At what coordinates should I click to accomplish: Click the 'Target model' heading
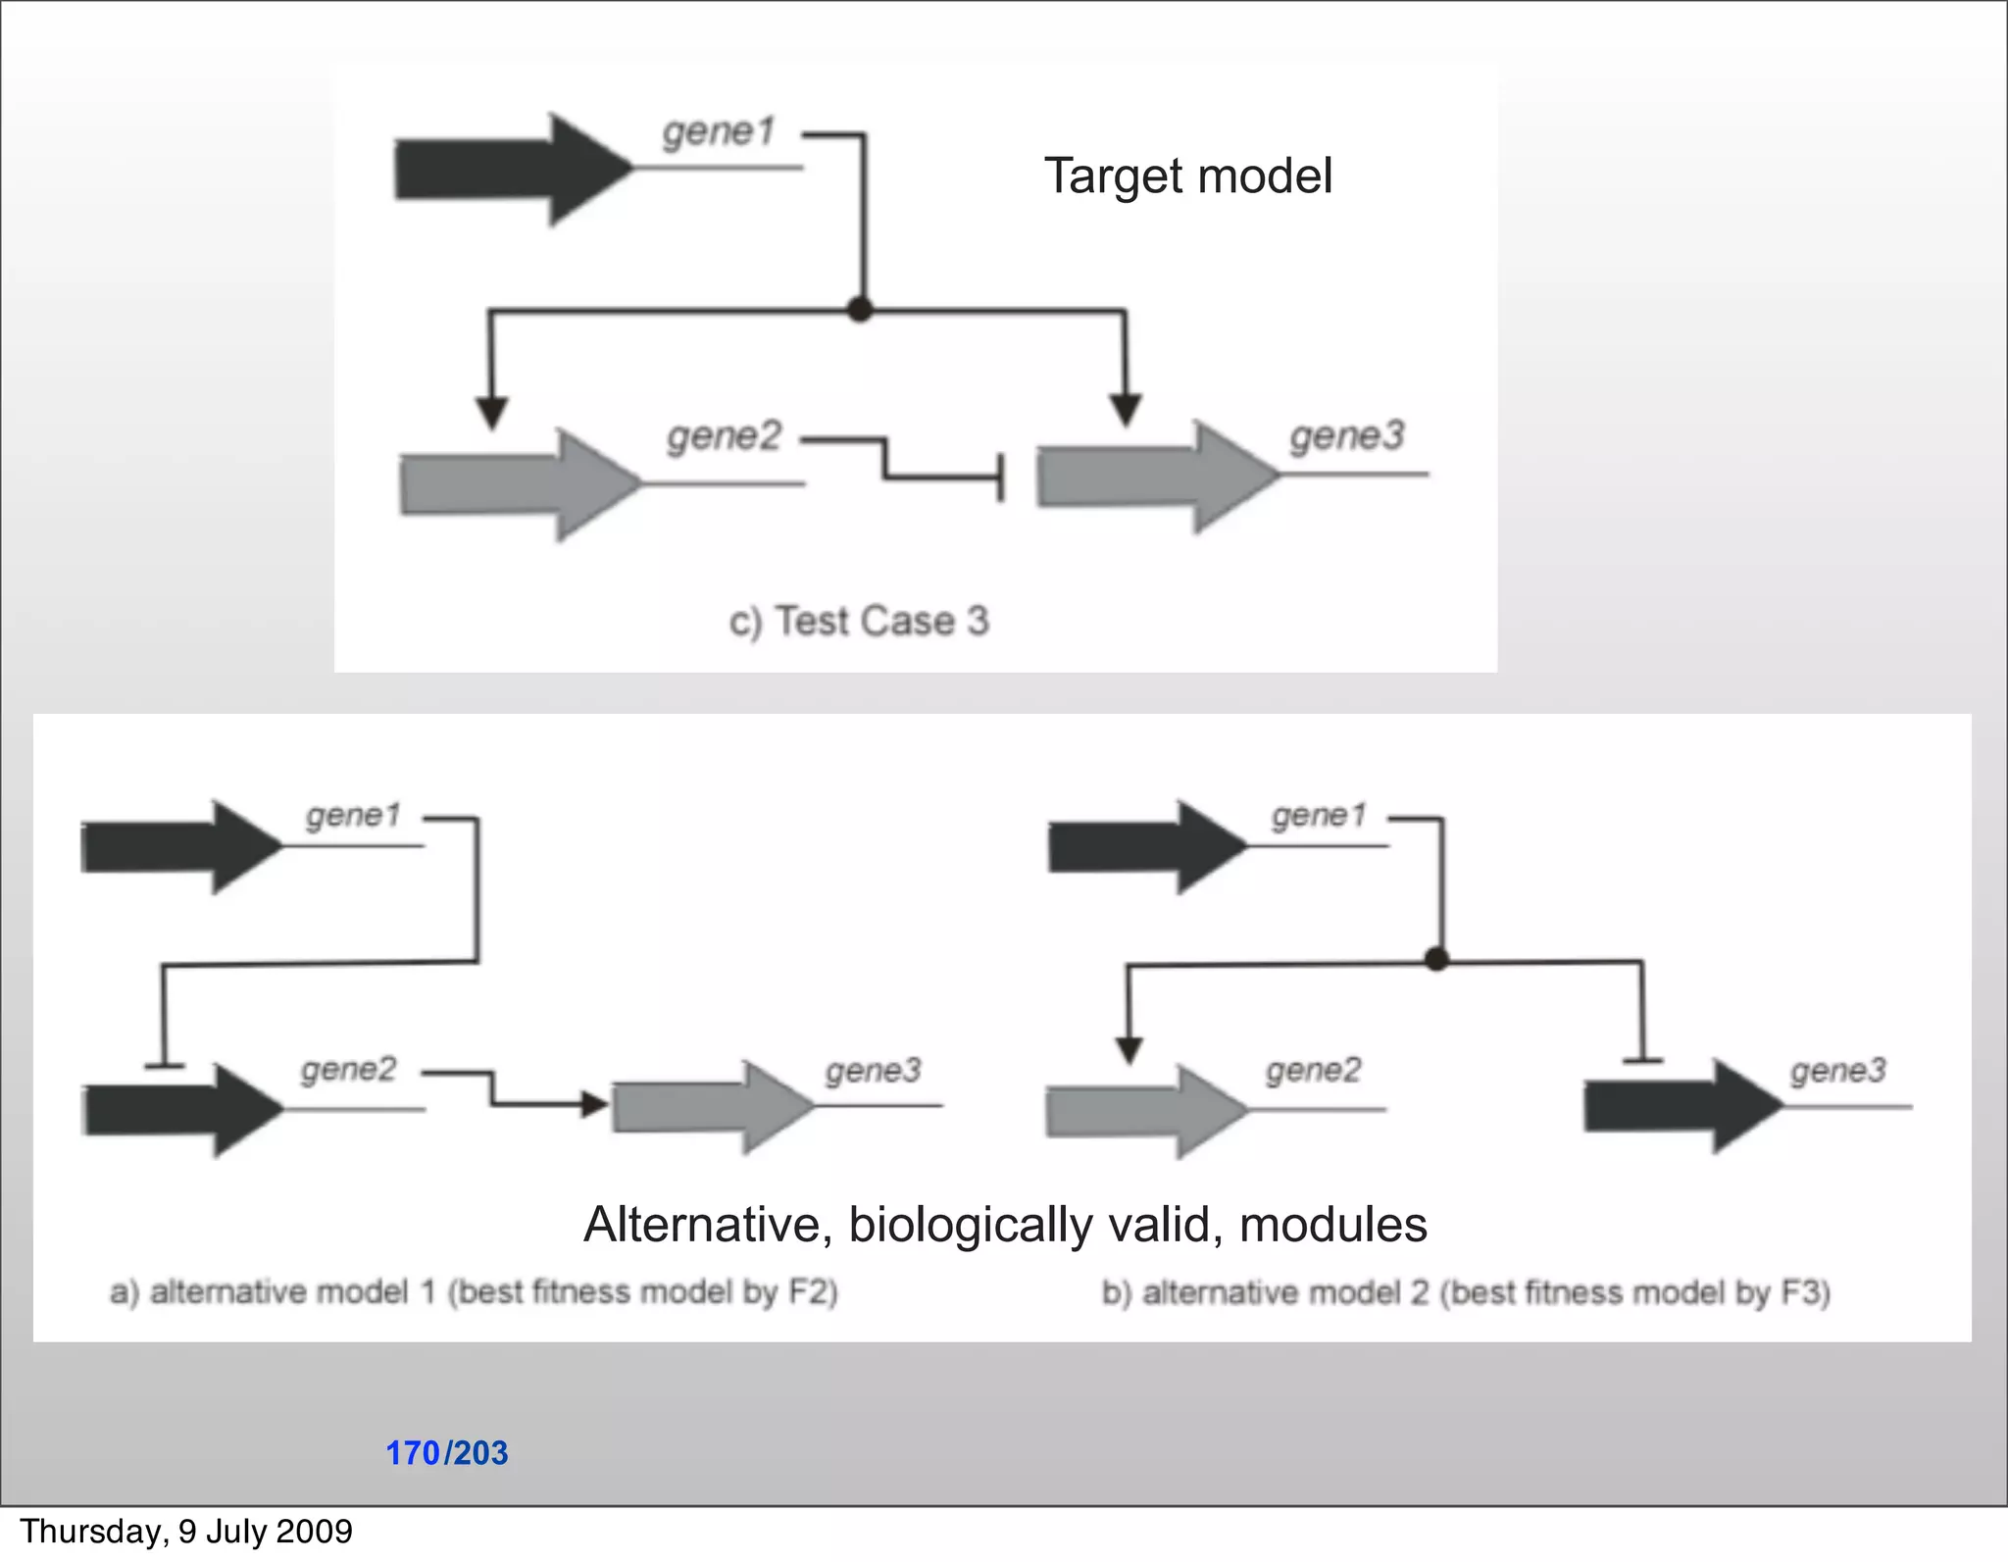click(1187, 176)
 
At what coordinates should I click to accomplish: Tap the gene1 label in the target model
click(719, 132)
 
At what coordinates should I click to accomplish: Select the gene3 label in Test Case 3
click(1347, 436)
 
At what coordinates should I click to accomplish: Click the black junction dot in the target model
click(860, 310)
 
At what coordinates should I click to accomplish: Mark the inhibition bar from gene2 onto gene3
click(999, 478)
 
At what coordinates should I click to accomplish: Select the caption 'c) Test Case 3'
click(859, 622)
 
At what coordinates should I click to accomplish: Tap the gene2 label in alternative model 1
click(348, 1069)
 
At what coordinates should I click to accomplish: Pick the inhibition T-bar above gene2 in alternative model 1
click(164, 1065)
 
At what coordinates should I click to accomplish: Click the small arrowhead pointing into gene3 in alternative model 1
click(594, 1105)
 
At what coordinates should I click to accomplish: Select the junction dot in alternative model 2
click(1436, 960)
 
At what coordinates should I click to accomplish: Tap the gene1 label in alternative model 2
click(1318, 816)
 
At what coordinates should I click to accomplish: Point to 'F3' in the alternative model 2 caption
click(1802, 1292)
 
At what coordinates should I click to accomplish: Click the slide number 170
click(413, 1453)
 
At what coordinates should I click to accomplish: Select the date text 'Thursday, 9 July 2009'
click(186, 1532)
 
